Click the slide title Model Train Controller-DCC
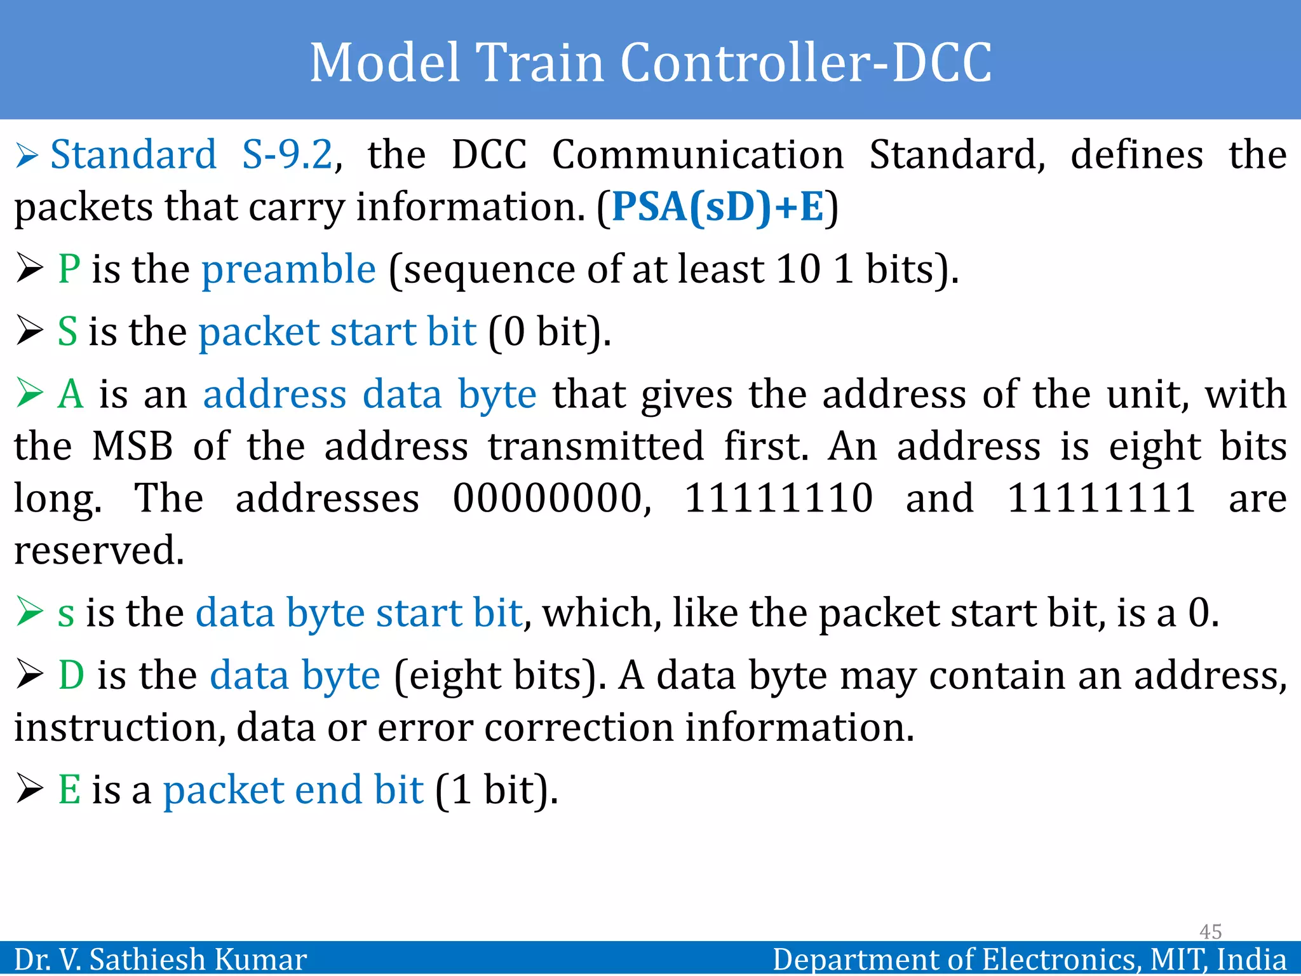tap(650, 62)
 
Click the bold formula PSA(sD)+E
tap(718, 207)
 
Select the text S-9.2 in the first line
tap(287, 155)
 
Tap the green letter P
tap(69, 269)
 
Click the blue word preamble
tap(289, 269)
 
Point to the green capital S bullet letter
tap(67, 332)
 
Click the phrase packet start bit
tap(337, 332)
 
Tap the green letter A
tap(71, 394)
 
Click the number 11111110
tap(778, 498)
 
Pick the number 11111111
tap(1101, 498)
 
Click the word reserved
tap(99, 550)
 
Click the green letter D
tap(71, 675)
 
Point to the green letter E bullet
tap(69, 790)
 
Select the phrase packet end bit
tap(293, 790)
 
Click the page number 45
tap(1210, 932)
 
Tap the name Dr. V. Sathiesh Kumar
tap(160, 959)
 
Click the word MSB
tap(132, 446)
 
